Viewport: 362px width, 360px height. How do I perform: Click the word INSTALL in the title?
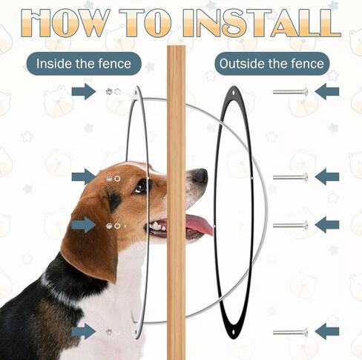coord(262,23)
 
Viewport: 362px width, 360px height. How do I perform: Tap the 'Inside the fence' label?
coord(84,64)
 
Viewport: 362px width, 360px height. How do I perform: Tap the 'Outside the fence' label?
coord(271,64)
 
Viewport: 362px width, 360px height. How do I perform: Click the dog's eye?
coord(141,187)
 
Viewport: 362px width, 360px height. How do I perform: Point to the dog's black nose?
coord(200,176)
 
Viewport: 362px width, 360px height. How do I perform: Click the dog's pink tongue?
coord(199,224)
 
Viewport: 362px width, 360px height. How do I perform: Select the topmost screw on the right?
coord(291,92)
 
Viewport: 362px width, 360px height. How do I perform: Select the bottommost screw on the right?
coord(291,332)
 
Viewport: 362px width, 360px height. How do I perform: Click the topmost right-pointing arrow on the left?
coord(84,91)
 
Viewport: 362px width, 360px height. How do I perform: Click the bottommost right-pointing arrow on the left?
coord(84,331)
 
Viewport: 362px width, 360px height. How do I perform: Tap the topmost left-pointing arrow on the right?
coord(327,91)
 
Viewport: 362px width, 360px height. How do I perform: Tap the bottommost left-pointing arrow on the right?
coord(327,331)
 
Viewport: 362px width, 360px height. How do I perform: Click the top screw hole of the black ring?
coord(234,93)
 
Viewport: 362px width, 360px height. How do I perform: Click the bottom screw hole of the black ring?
coord(234,332)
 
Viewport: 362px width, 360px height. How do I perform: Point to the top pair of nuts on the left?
coord(113,91)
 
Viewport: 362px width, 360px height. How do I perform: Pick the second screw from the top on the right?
coord(291,177)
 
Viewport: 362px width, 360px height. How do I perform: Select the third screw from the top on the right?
coord(291,225)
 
